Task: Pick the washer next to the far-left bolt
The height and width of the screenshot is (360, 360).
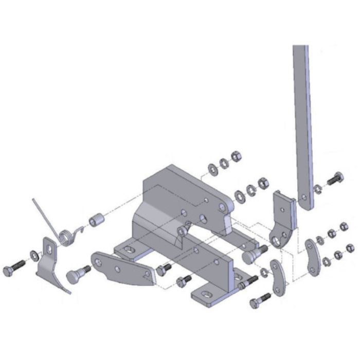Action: click(x=34, y=254)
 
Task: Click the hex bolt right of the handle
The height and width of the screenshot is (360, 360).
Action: click(x=336, y=180)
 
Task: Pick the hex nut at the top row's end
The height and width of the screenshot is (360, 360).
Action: click(x=236, y=156)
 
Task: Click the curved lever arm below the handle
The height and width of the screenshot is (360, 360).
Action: click(x=283, y=221)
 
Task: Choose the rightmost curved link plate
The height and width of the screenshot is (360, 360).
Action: click(x=313, y=257)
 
